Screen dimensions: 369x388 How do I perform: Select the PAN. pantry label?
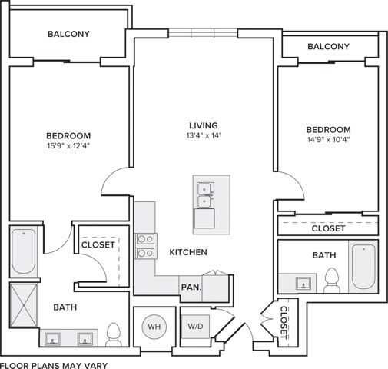click(191, 287)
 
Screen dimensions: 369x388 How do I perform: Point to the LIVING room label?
click(204, 125)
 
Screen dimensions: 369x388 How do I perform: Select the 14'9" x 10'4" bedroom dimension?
click(328, 141)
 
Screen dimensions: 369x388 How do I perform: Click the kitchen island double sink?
click(204, 195)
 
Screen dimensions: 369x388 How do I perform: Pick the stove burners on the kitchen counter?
click(145, 245)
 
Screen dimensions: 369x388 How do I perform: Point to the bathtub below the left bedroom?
click(24, 252)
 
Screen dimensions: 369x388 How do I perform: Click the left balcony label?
click(69, 34)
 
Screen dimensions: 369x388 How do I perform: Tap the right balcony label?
click(328, 47)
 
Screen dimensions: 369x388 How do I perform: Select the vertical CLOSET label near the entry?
click(284, 321)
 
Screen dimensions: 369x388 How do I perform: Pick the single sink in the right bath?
click(303, 282)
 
